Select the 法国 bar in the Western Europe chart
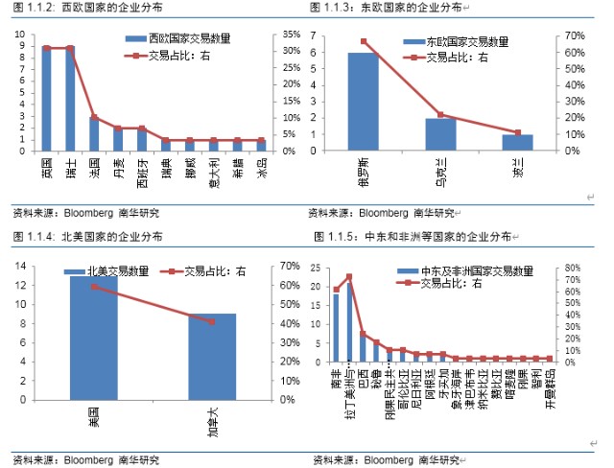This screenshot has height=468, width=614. [94, 134]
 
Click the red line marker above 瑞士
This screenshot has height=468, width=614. [70, 48]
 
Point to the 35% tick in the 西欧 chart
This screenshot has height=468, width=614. [292, 35]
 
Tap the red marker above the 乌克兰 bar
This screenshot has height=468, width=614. [440, 115]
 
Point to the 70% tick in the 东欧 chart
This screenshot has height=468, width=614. [575, 35]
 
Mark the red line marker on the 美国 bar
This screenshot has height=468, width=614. [94, 287]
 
